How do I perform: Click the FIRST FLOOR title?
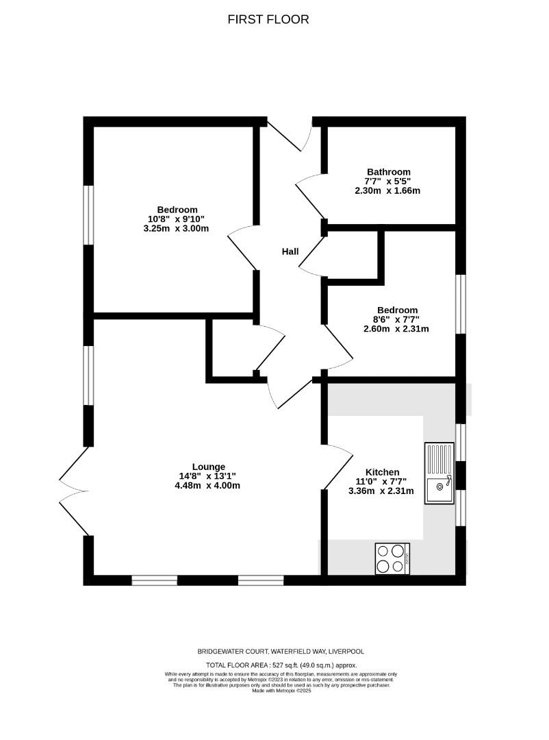pos(268,19)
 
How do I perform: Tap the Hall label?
pos(290,251)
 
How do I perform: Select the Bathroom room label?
pos(389,172)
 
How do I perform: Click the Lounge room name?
pos(209,467)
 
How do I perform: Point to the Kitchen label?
pos(382,472)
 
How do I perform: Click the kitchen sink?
pos(439,473)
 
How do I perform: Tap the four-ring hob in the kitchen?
pos(392,559)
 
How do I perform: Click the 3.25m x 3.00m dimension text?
pos(176,228)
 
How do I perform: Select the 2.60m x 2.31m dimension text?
pos(396,328)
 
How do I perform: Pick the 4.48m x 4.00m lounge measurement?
pos(207,485)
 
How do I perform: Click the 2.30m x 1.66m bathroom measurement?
pos(387,190)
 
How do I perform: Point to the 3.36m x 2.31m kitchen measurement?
pos(381,491)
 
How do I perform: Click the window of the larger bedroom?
pos(89,214)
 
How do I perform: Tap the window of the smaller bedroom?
pos(461,304)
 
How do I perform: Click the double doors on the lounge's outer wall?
pos(74,491)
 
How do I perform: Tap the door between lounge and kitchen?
pos(337,467)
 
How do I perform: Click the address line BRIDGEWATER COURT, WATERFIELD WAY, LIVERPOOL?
pos(281,652)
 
